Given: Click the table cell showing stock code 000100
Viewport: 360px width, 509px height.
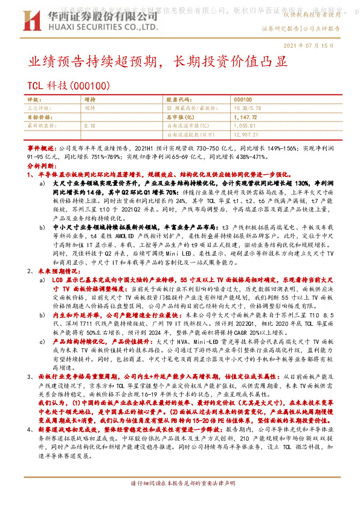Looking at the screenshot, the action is point(242,99).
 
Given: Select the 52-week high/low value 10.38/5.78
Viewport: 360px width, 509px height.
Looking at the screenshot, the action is point(248,107).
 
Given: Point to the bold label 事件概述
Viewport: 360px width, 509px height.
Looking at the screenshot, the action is point(42,147).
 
